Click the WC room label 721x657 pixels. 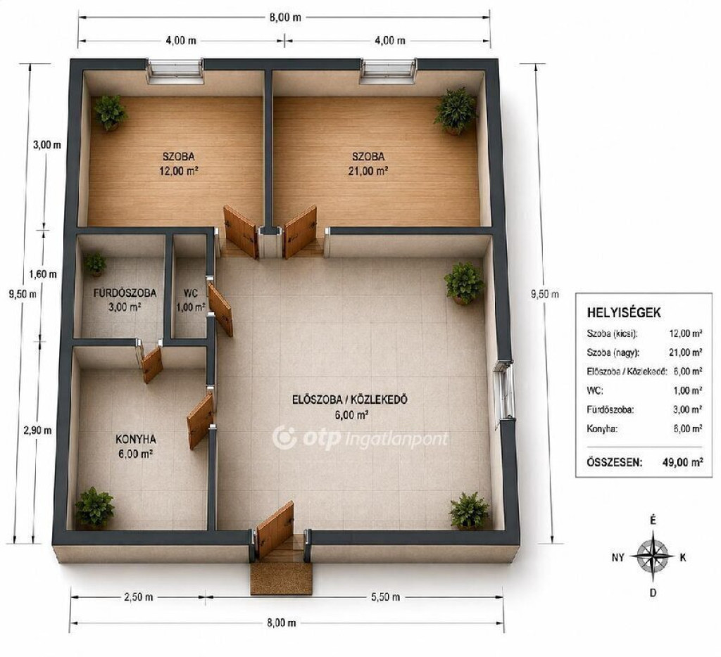pyautogui.click(x=190, y=293)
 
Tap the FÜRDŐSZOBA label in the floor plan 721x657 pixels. pyautogui.click(x=125, y=293)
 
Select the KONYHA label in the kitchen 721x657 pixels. pyautogui.click(x=136, y=439)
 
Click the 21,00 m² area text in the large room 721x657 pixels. pyautogui.click(x=368, y=171)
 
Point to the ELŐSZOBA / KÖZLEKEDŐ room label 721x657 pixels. pyautogui.click(x=350, y=400)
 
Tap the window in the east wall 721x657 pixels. pyautogui.click(x=504, y=390)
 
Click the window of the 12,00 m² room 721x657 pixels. pyautogui.click(x=175, y=71)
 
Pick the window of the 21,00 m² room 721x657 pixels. pyautogui.click(x=389, y=71)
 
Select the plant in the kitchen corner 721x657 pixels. pyautogui.click(x=95, y=508)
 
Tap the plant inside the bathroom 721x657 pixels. pyautogui.click(x=96, y=264)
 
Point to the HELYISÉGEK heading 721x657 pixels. pyautogui.click(x=624, y=313)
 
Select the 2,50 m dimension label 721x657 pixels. pyautogui.click(x=139, y=597)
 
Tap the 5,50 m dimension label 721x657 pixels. pyautogui.click(x=385, y=597)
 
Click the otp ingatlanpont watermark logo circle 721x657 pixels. pyautogui.click(x=284, y=438)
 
